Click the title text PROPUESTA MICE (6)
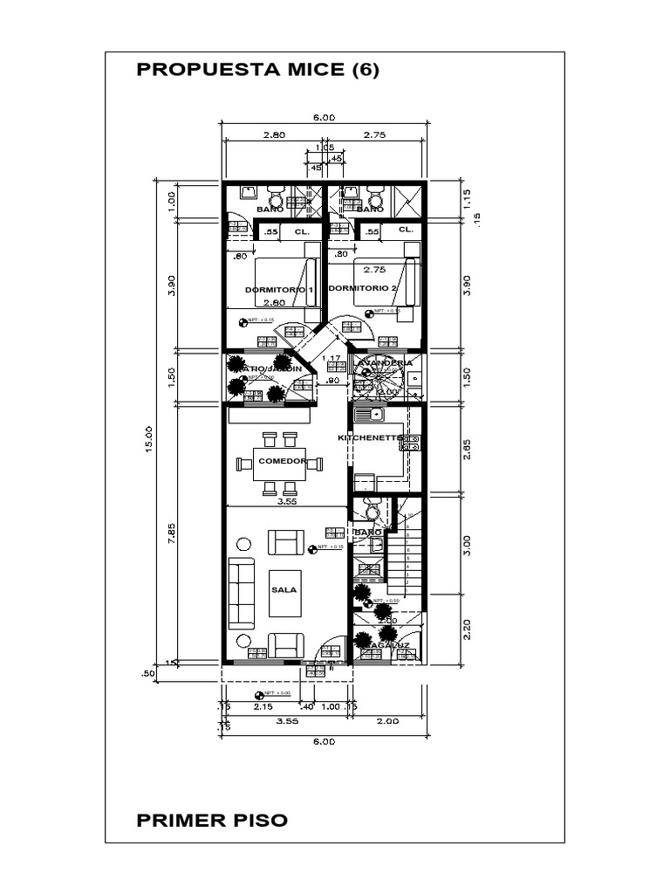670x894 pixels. [x=258, y=72]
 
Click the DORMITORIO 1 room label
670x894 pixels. [x=278, y=289]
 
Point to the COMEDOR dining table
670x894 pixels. [x=280, y=462]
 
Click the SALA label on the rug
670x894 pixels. [x=284, y=589]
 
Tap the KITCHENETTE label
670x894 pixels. [x=370, y=437]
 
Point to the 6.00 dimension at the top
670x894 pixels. [x=324, y=119]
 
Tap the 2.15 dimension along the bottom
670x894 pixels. [x=263, y=707]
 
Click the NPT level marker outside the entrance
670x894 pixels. [x=259, y=695]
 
